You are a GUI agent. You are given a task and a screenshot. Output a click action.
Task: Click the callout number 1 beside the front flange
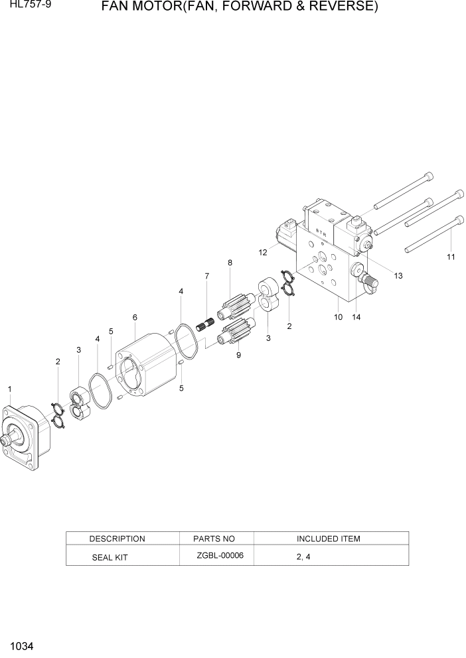9,388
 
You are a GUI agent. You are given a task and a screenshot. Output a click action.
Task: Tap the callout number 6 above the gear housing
135,318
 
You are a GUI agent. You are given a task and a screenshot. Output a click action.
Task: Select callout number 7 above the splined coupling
206,276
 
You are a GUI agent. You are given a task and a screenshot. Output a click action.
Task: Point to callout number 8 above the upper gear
230,263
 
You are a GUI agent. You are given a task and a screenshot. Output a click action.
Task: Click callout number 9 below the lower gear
238,355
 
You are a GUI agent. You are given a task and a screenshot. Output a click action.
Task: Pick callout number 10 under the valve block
338,317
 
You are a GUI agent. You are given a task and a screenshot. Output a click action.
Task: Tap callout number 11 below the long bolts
451,257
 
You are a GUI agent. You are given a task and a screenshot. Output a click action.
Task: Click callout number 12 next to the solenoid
264,252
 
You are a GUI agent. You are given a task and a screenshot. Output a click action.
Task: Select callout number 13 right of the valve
398,275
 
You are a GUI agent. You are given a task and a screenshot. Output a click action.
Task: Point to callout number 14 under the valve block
356,317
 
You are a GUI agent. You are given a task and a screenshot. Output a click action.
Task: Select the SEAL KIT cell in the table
110,558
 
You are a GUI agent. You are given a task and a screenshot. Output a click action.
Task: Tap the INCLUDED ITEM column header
328,539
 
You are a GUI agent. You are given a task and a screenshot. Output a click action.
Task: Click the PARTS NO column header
214,539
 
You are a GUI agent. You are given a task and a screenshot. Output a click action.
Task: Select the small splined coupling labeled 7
204,326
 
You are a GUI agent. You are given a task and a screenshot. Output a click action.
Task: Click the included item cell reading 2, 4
303,557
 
